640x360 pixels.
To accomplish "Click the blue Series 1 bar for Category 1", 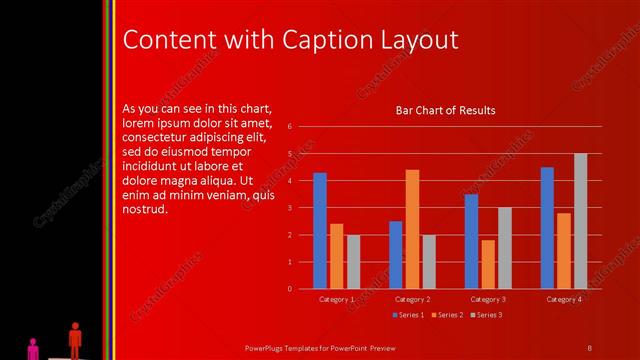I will tap(320, 231).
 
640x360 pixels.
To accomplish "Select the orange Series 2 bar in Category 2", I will tap(412, 229).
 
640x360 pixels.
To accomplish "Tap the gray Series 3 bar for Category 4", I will tap(580, 221).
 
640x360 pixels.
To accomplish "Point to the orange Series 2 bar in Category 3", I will tap(488, 264).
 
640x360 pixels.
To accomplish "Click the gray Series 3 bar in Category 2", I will tap(429, 262).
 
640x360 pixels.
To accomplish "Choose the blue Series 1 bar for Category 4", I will tap(547, 228).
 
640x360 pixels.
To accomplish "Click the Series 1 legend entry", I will tap(407, 315).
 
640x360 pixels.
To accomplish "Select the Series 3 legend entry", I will tap(485, 315).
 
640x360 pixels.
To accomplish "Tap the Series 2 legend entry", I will tap(446, 315).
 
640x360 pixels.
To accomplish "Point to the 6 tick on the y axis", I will tap(289, 127).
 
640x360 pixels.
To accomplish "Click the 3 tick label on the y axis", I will tap(289, 208).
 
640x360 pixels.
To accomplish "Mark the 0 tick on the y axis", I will tap(289, 289).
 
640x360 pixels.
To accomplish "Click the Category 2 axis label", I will tap(412, 299).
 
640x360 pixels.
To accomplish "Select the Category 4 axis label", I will tap(564, 299).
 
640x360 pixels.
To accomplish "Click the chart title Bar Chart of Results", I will tap(445, 110).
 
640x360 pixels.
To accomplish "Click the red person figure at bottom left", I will tap(75, 338).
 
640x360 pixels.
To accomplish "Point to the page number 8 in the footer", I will tap(590, 347).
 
